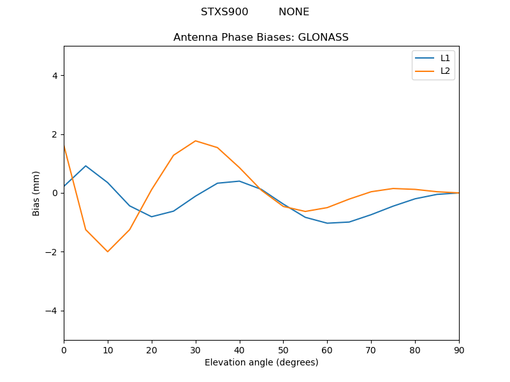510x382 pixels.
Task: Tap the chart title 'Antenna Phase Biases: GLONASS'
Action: click(x=261, y=38)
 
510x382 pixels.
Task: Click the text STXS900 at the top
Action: click(x=224, y=12)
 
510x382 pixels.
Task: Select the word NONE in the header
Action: click(x=294, y=12)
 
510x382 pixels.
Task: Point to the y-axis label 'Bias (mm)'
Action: click(x=36, y=193)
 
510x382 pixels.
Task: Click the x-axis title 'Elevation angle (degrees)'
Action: click(x=261, y=363)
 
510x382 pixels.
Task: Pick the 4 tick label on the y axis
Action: click(x=55, y=76)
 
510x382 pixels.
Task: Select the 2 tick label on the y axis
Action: click(x=55, y=134)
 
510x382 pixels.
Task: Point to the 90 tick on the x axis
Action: click(x=458, y=350)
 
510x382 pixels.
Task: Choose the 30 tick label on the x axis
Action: click(x=196, y=350)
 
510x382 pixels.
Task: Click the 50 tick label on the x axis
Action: click(x=283, y=350)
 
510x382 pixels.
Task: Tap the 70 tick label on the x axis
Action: click(x=371, y=350)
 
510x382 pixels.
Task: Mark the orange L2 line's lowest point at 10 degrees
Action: click(x=108, y=251)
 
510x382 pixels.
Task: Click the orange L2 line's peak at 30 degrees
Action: click(x=196, y=141)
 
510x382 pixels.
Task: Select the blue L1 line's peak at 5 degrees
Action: click(x=85, y=166)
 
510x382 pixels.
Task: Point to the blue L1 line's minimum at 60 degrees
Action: click(x=327, y=223)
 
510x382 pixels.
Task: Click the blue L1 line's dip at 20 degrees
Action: click(x=152, y=216)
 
